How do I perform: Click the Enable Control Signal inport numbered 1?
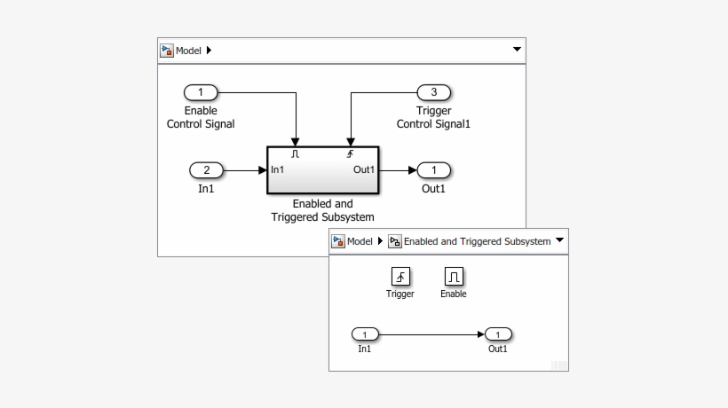(201, 92)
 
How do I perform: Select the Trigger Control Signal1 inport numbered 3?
(434, 92)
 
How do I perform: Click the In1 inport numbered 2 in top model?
(207, 170)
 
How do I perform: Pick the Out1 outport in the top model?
(434, 170)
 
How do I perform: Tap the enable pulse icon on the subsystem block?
(296, 154)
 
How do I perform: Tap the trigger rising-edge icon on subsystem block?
(350, 154)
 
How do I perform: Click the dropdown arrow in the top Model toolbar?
(517, 51)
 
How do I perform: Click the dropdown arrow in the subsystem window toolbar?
(559, 241)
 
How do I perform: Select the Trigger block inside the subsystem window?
(400, 277)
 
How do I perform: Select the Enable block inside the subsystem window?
(454, 277)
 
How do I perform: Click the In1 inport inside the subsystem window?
(365, 334)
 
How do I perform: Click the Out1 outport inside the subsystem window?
(498, 334)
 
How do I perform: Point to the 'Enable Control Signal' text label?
(201, 118)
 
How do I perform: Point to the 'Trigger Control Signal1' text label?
(433, 118)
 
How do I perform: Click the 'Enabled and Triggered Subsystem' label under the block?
(322, 211)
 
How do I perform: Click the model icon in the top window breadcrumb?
(166, 51)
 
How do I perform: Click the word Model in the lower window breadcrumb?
(360, 241)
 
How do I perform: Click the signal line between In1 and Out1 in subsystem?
(431, 334)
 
